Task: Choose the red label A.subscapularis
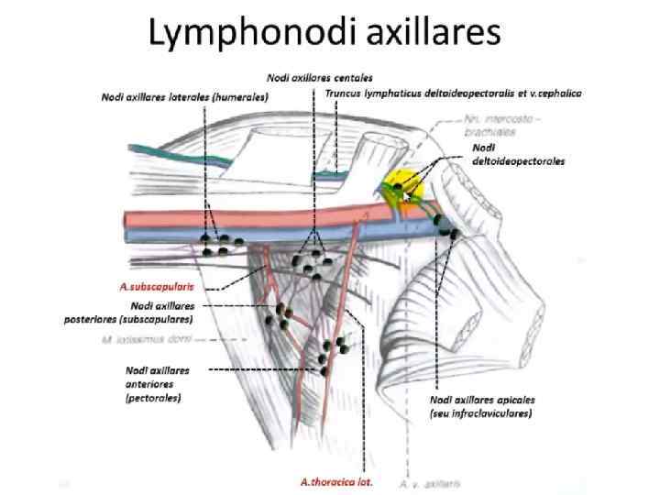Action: [156, 286]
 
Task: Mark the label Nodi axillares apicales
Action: [482, 401]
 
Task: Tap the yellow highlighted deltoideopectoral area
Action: [401, 176]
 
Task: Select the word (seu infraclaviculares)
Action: [482, 413]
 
